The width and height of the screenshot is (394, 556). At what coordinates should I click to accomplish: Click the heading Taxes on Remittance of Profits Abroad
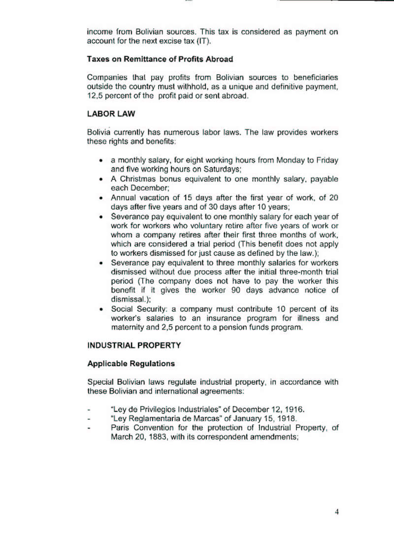pyautogui.click(x=160, y=59)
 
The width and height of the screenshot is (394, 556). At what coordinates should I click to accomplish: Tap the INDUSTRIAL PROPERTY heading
pyautogui.click(x=134, y=345)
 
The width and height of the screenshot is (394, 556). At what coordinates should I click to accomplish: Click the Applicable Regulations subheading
pyautogui.click(x=131, y=364)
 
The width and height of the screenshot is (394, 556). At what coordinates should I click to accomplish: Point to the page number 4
pyautogui.click(x=337, y=512)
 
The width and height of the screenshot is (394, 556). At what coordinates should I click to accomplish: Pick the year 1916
pyautogui.click(x=295, y=409)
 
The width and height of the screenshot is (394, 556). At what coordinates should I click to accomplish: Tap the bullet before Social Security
pyautogui.click(x=100, y=309)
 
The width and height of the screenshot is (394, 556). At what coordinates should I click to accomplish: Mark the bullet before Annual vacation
pyautogui.click(x=100, y=198)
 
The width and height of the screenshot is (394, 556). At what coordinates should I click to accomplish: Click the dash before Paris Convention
pyautogui.click(x=89, y=428)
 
